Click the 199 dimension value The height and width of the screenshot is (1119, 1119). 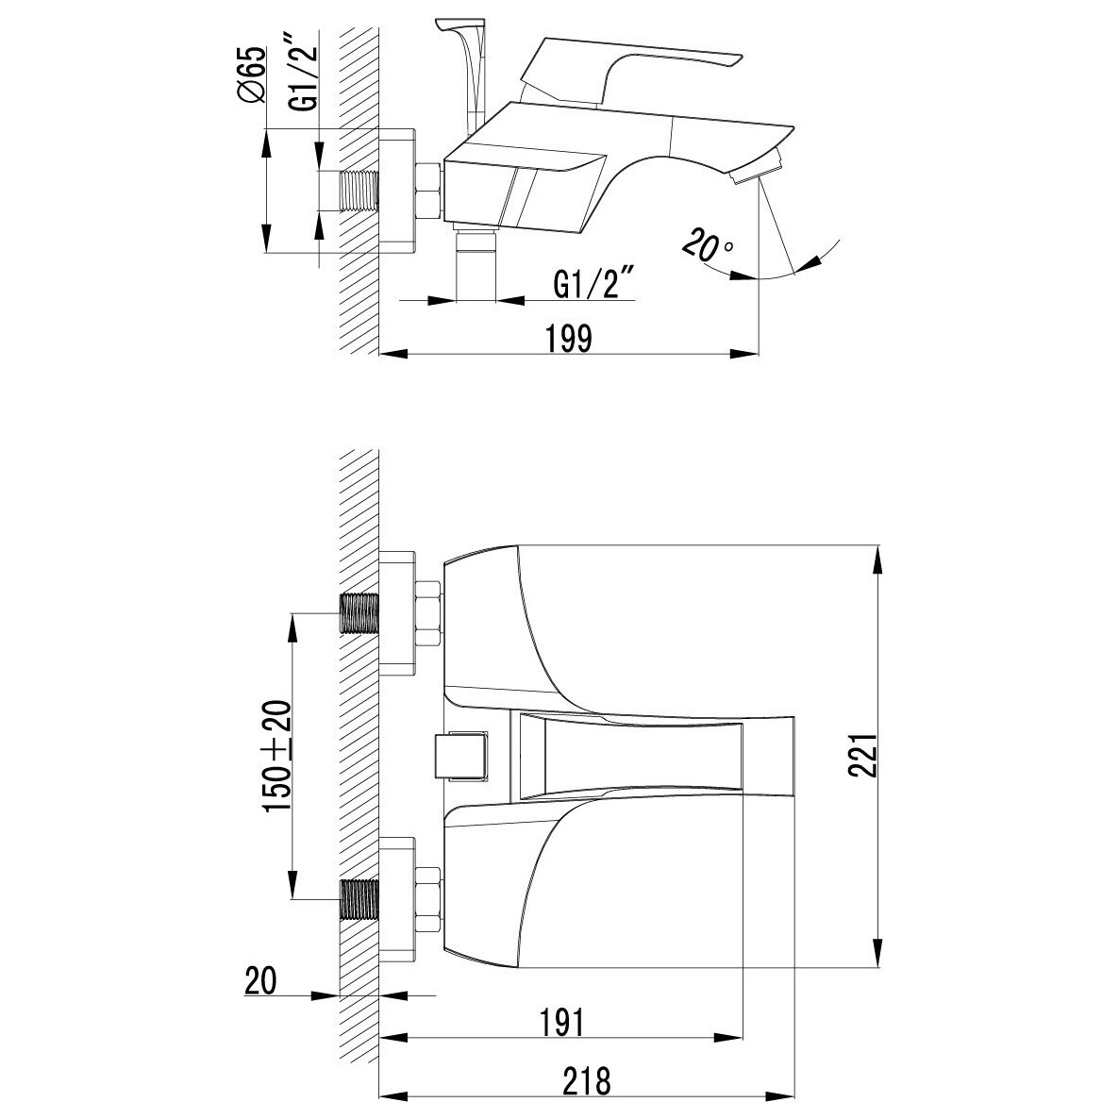coord(569,338)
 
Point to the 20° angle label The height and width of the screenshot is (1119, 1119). coord(708,246)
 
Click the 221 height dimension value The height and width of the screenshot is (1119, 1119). coord(862,755)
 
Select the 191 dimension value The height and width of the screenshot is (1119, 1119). coord(562,1023)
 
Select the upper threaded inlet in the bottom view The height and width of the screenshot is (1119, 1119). coord(359,613)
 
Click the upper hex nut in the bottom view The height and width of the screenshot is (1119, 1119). coord(427,613)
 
